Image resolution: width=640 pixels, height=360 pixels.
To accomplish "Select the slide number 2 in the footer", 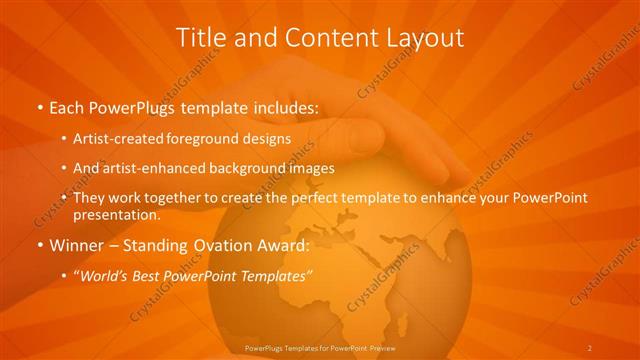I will point(590,347).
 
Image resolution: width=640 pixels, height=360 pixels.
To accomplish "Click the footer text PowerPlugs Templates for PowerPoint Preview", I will point(319,347).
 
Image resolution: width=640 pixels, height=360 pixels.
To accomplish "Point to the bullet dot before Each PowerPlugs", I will point(39,106).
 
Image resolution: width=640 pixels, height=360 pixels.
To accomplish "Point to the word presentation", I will point(116,215).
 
